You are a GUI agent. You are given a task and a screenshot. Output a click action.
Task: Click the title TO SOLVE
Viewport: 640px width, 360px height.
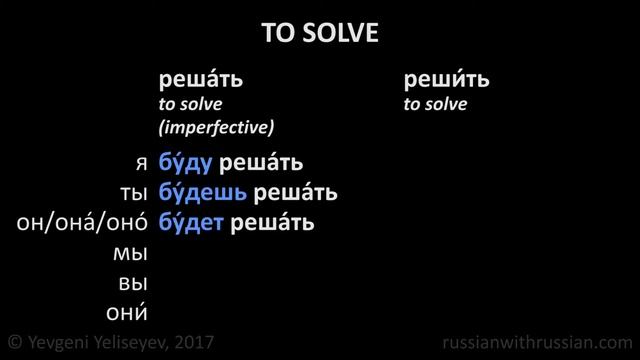pyautogui.click(x=320, y=33)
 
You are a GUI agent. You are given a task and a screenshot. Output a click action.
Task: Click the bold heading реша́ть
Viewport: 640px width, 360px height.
pyautogui.click(x=201, y=81)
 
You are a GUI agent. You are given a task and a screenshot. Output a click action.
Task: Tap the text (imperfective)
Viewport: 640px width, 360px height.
pyautogui.click(x=216, y=127)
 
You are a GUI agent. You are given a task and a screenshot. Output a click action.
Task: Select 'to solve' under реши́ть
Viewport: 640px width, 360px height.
pyautogui.click(x=435, y=104)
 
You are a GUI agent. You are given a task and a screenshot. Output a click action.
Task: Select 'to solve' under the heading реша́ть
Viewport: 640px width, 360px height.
pyautogui.click(x=190, y=104)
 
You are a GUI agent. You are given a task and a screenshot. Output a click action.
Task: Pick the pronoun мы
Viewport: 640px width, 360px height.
pyautogui.click(x=133, y=251)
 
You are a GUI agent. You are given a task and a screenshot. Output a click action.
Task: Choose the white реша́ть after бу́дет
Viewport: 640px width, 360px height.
pyautogui.click(x=272, y=221)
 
